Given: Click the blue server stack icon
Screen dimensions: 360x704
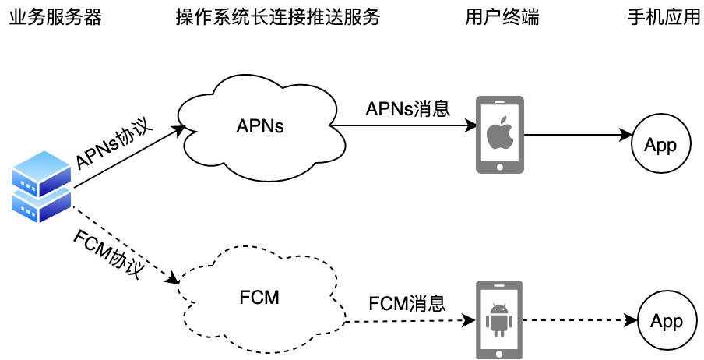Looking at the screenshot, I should [x=41, y=187].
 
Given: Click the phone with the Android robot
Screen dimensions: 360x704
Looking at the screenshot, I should [x=499, y=319].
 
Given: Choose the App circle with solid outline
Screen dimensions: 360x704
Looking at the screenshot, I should [x=660, y=145].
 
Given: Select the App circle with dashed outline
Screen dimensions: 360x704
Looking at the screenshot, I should [x=666, y=321].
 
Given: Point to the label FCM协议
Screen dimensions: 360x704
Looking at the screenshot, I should [x=109, y=253].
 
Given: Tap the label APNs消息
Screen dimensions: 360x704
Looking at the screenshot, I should [x=408, y=108].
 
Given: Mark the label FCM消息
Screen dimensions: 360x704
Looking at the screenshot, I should [x=407, y=303].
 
